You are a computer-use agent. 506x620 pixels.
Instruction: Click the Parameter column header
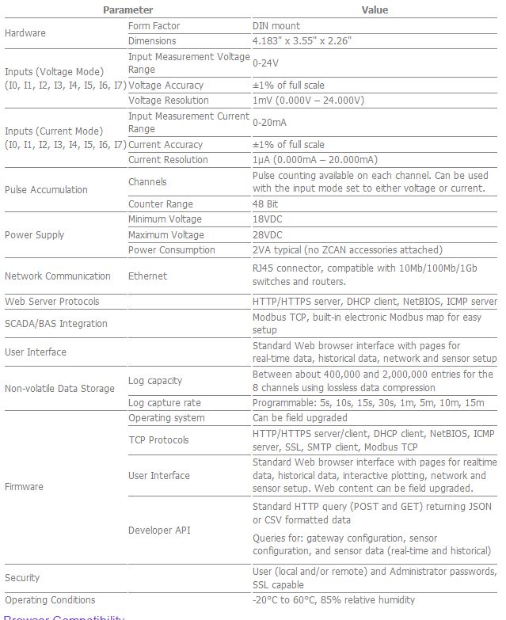(127, 10)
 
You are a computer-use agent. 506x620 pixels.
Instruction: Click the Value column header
(375, 10)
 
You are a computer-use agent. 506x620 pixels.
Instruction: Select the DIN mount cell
(276, 26)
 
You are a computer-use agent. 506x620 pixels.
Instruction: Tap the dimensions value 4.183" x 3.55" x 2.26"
(302, 41)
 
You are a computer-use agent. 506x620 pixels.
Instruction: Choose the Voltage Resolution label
(168, 101)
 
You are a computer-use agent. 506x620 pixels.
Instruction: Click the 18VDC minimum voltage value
(269, 219)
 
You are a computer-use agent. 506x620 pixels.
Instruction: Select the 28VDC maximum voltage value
(269, 235)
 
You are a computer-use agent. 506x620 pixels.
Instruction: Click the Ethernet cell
(147, 276)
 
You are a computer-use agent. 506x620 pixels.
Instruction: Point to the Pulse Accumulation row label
(46, 190)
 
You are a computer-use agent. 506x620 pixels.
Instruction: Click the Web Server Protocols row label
(52, 302)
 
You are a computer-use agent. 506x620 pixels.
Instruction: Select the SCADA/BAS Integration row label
(55, 324)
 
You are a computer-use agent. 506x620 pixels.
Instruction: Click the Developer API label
(159, 531)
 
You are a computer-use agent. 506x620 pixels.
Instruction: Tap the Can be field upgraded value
(299, 418)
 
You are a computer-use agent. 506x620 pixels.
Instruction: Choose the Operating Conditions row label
(50, 600)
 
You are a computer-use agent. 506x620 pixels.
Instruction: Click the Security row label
(22, 578)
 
